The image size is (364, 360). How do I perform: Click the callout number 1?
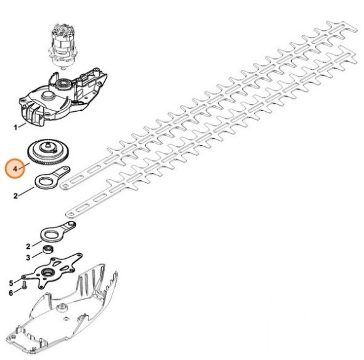click(16, 128)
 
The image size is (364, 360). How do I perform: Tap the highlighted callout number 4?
click(15, 168)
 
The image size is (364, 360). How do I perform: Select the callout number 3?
click(28, 258)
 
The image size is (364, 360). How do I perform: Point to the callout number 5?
click(11, 283)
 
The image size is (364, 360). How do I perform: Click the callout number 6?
click(11, 293)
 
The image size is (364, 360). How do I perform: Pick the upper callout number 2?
click(16, 196)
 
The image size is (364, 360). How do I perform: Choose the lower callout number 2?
click(28, 246)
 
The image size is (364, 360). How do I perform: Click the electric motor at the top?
click(63, 46)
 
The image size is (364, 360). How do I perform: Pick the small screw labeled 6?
click(24, 285)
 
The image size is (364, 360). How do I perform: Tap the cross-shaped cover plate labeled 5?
click(52, 271)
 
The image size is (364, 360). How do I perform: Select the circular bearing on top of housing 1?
click(64, 85)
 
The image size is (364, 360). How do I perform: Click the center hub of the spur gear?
click(48, 148)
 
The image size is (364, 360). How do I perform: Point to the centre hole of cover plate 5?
click(48, 271)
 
